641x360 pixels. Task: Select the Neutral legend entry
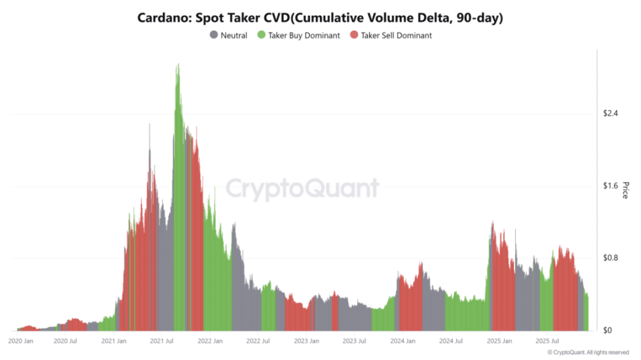(x=233, y=36)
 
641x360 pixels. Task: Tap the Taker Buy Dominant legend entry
(x=304, y=36)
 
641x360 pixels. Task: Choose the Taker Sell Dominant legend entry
(x=396, y=36)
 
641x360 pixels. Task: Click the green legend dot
(x=261, y=36)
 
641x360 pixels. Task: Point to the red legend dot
(x=354, y=36)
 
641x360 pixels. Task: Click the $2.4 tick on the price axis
(x=610, y=113)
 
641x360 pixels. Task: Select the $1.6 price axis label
(x=610, y=186)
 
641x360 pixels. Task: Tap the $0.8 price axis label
(x=610, y=258)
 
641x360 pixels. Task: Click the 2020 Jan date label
(x=21, y=341)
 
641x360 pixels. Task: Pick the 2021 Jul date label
(x=162, y=341)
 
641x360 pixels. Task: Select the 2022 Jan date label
(x=210, y=341)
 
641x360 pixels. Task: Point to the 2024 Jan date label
(x=402, y=341)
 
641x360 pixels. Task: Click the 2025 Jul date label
(x=546, y=341)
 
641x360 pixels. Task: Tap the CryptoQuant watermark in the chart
(x=302, y=188)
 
